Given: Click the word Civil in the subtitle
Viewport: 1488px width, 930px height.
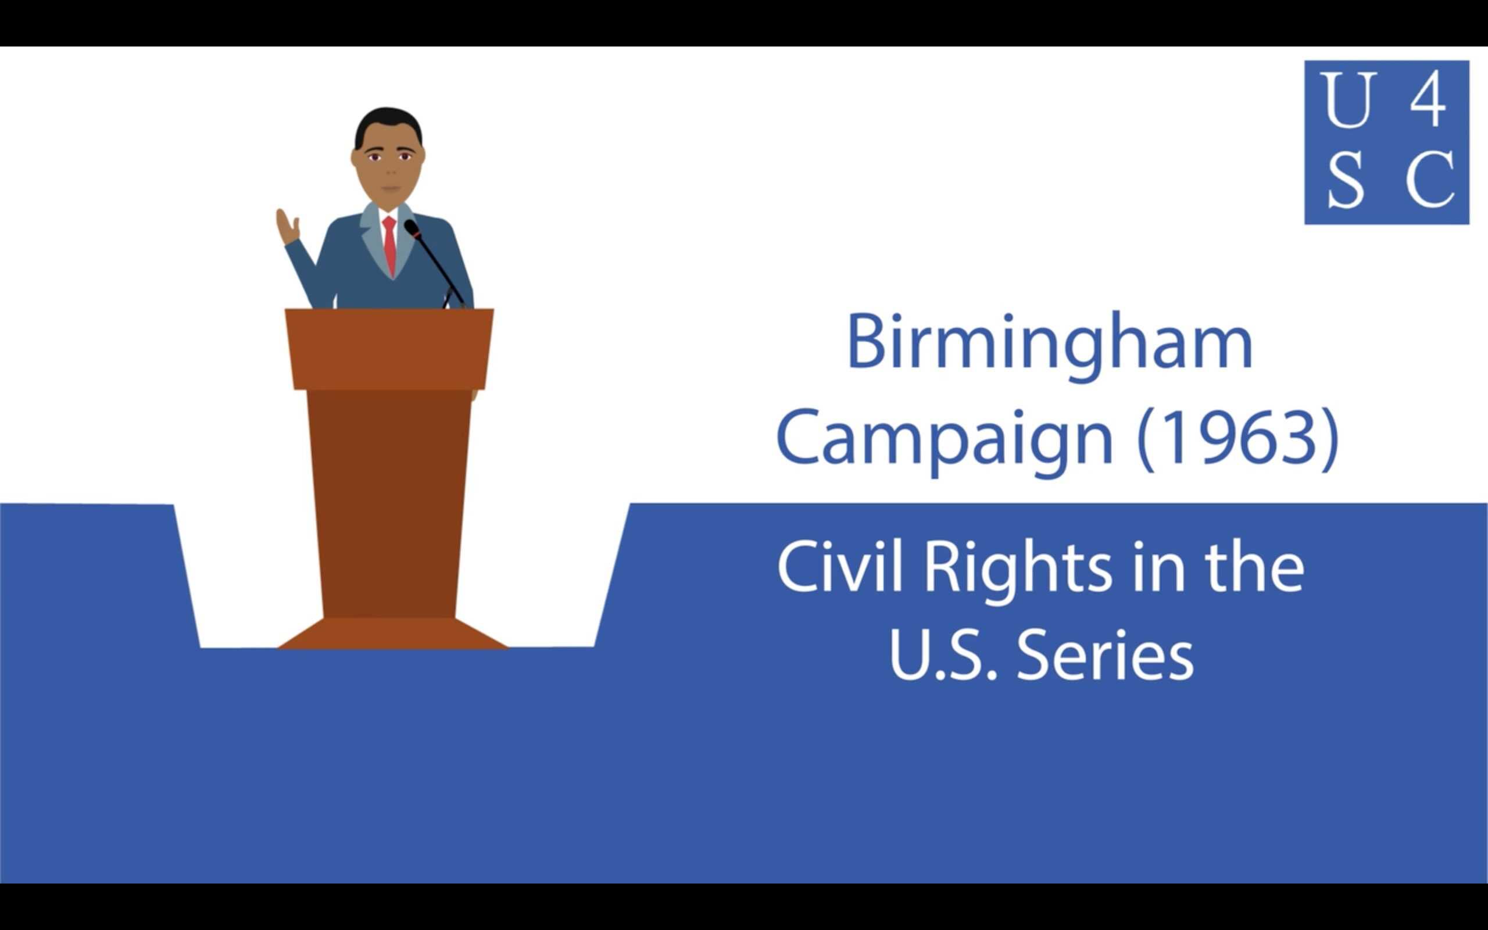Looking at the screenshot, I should tap(839, 567).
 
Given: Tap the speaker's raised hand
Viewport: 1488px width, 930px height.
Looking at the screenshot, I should tap(287, 228).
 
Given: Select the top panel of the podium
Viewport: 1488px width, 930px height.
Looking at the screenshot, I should tap(389, 348).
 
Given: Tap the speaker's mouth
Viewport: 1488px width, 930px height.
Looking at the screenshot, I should tap(390, 188).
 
